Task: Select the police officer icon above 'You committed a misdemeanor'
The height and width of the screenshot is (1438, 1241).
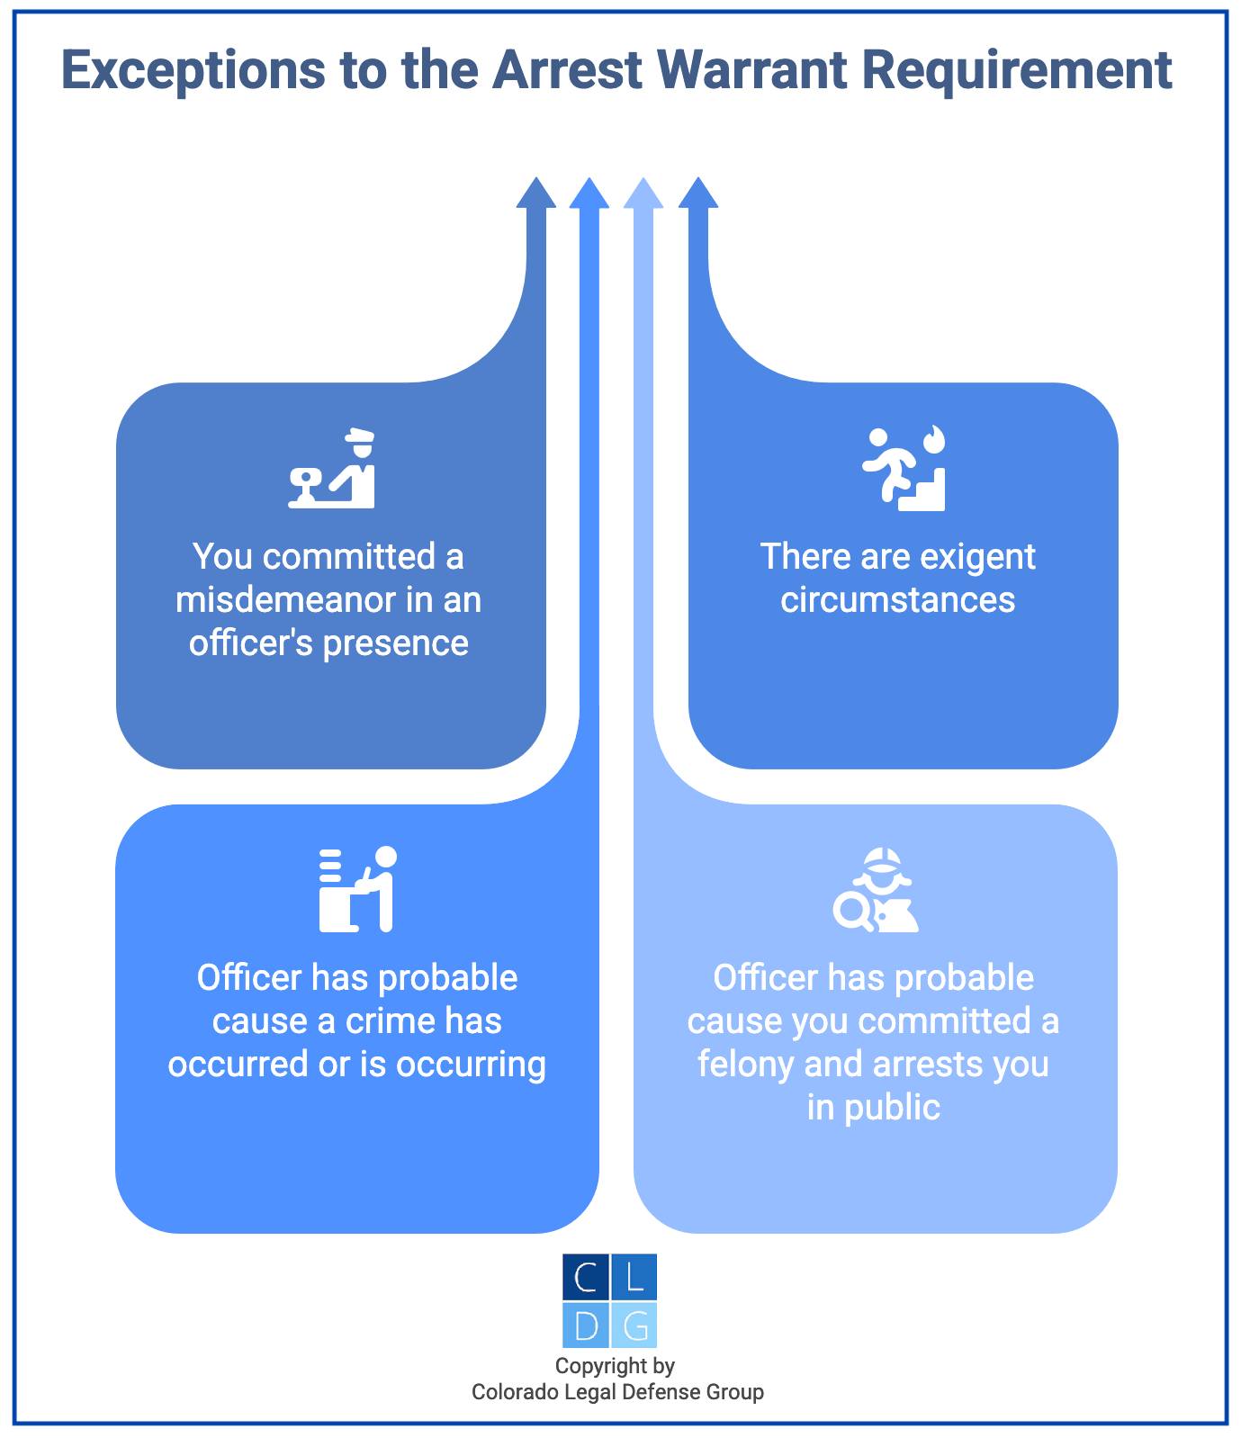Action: tap(331, 469)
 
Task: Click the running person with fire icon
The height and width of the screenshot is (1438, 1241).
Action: tap(904, 469)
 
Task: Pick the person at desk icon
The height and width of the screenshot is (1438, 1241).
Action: tap(357, 889)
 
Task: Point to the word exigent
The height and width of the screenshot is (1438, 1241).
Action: tap(986, 557)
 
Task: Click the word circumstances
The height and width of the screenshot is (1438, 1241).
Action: tap(897, 600)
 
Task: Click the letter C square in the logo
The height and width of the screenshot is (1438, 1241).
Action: tap(586, 1277)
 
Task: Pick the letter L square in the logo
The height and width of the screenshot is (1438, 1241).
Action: tap(634, 1277)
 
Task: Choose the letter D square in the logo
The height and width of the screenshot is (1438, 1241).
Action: tap(586, 1325)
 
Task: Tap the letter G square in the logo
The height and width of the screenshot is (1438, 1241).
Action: tap(634, 1325)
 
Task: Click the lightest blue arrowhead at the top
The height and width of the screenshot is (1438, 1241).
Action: tap(643, 193)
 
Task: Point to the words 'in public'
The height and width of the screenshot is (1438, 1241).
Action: tap(873, 1108)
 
